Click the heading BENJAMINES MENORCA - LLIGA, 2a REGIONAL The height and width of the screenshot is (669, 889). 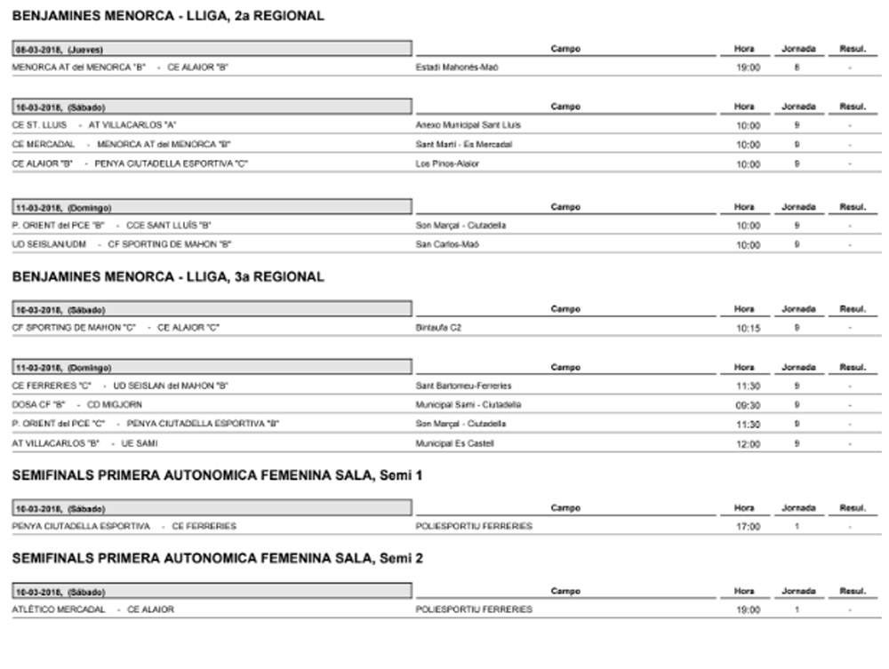[168, 16]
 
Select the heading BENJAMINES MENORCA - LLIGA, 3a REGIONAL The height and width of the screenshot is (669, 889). [168, 277]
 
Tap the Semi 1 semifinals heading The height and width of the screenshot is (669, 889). [217, 475]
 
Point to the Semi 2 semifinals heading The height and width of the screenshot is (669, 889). [217, 559]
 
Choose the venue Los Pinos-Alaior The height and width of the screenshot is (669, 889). [447, 164]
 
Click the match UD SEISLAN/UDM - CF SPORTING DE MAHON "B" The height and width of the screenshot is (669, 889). [122, 244]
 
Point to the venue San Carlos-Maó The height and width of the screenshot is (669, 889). [447, 244]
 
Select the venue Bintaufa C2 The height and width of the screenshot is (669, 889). [439, 328]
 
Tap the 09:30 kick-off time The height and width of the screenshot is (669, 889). [749, 405]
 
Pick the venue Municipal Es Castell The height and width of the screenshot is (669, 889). [454, 443]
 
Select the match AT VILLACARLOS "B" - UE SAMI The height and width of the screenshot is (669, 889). [84, 443]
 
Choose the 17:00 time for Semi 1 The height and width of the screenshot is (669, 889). [749, 527]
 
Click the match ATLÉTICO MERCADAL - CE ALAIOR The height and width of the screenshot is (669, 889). [93, 609]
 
